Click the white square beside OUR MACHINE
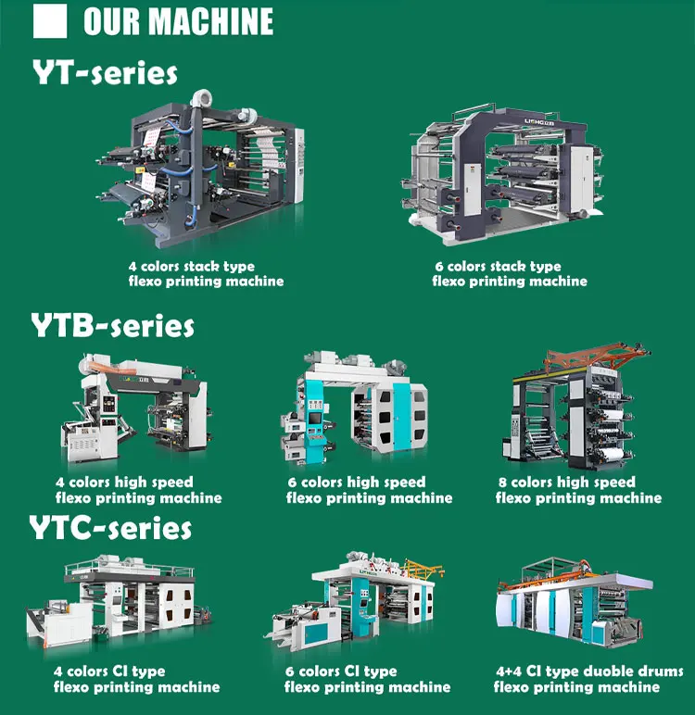pos(49,21)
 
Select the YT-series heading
pos(105,71)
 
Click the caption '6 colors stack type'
pos(498,267)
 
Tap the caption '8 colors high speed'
pos(574,482)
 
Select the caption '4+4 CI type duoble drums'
pos(589,671)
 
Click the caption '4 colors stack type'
pos(191,267)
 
